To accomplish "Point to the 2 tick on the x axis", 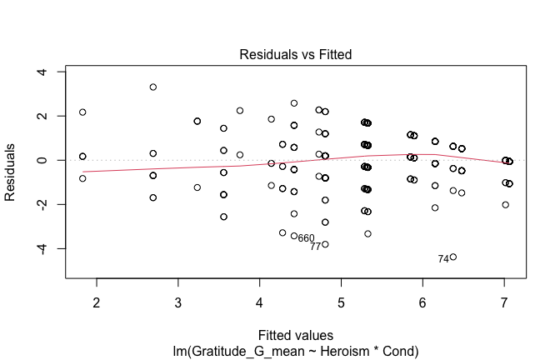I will (x=97, y=301).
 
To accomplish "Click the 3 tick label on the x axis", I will (x=178, y=301).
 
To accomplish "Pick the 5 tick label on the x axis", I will (x=341, y=301).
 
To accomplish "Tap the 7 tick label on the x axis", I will (x=504, y=301).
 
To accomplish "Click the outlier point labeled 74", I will (x=453, y=257).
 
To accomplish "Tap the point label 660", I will (x=306, y=238).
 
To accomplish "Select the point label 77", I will (x=315, y=247).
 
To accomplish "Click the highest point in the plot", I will (x=153, y=87).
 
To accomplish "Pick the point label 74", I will (x=443, y=259).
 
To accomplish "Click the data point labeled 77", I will (x=325, y=244).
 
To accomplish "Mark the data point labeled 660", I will (x=294, y=236).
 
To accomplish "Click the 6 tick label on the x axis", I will (x=422, y=301).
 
